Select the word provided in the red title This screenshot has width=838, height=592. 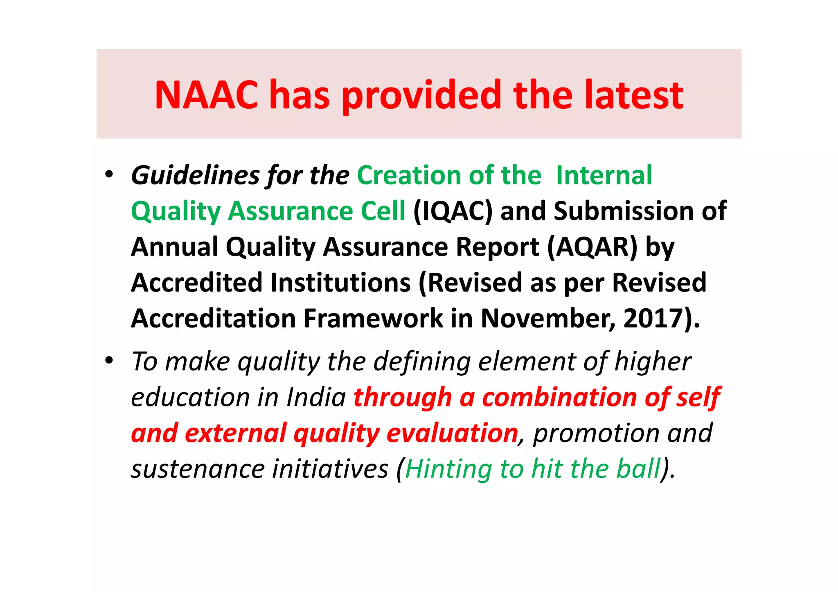421,96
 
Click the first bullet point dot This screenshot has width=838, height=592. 109,175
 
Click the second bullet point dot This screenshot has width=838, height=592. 109,361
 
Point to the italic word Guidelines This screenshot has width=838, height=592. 196,176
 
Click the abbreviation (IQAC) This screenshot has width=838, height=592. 453,212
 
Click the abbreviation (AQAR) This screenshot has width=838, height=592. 592,247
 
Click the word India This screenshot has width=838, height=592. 316,397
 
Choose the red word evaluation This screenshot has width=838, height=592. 452,433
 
